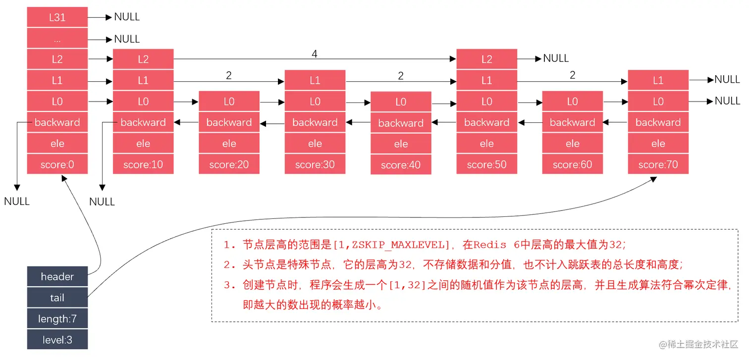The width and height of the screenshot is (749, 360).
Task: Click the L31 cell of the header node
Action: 57,17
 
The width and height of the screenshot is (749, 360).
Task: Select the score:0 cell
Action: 57,164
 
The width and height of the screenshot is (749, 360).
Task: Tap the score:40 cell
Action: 401,165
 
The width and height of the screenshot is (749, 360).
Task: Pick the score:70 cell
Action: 658,164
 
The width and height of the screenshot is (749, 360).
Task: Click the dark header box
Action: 57,277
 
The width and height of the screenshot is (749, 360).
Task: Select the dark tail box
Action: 57,298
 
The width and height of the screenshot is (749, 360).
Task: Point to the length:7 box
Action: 57,319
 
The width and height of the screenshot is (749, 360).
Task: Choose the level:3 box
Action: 57,340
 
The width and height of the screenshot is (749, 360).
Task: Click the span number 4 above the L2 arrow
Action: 314,53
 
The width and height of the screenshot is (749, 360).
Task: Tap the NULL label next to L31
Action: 127,17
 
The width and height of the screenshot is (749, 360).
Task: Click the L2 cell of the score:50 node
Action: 486,59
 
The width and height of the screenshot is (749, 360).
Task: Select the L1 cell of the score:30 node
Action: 315,80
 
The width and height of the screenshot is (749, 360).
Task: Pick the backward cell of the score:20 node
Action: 229,122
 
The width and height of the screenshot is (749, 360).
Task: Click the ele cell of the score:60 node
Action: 572,144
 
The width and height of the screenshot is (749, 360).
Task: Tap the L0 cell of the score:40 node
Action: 401,102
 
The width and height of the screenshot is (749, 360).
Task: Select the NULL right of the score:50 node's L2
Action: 556,58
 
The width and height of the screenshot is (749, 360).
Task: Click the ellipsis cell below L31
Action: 57,39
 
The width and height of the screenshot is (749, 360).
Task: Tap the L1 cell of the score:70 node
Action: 658,80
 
